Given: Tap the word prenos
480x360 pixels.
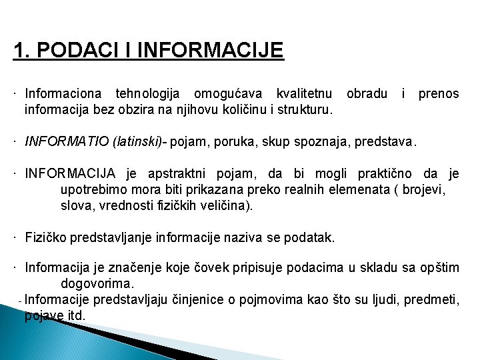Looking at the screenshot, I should pos(438,93).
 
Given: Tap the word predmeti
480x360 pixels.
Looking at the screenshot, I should pos(429,300).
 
